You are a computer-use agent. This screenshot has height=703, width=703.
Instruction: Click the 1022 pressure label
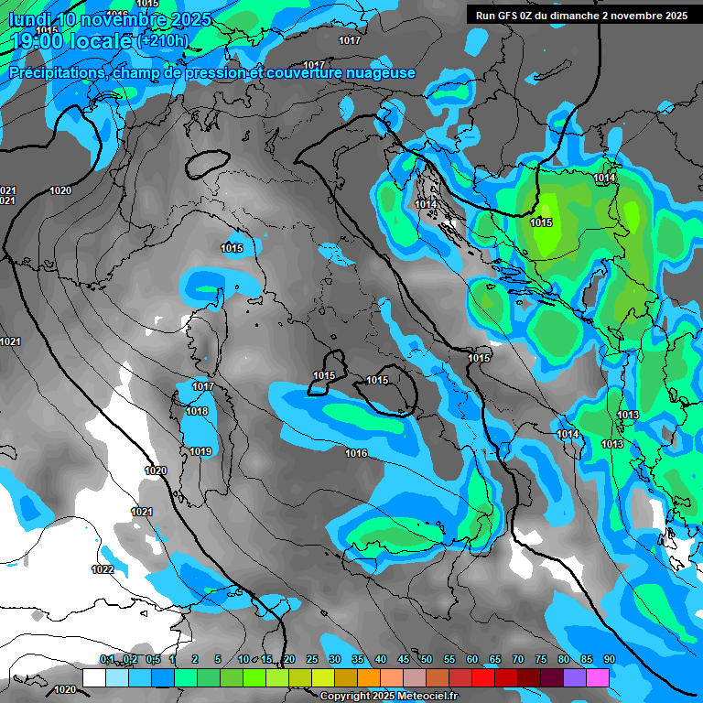tap(103, 569)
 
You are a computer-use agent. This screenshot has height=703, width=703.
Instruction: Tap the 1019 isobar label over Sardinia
tap(200, 451)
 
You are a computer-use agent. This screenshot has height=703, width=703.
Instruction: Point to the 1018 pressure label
tap(197, 412)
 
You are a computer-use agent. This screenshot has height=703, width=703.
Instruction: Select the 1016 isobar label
tap(356, 454)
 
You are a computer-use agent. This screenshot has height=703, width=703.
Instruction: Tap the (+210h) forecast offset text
tap(163, 40)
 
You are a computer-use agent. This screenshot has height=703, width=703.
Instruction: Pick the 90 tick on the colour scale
tap(609, 659)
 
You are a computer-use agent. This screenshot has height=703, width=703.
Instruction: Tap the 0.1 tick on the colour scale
tap(107, 659)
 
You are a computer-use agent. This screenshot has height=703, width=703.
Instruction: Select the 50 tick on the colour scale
tap(427, 659)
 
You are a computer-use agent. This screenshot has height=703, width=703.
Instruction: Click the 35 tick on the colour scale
tap(358, 659)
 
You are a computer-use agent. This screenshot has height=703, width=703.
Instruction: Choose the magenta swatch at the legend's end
tap(597, 677)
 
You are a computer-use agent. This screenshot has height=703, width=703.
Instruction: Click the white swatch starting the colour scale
tap(93, 677)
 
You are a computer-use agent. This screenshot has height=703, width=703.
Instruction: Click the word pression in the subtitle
tap(214, 73)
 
